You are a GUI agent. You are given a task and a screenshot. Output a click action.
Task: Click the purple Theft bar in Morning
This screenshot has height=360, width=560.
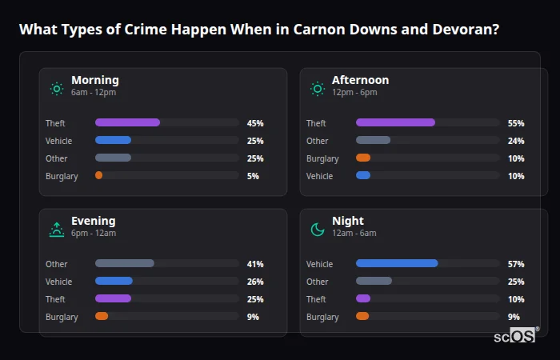(127, 122)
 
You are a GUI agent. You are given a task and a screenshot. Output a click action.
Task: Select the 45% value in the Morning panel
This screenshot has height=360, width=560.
(255, 123)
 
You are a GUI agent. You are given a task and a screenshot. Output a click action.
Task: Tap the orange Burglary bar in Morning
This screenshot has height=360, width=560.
(98, 175)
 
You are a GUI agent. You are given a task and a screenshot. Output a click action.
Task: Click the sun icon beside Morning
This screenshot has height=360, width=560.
(57, 89)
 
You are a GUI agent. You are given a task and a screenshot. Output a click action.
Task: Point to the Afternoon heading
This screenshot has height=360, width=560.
(360, 80)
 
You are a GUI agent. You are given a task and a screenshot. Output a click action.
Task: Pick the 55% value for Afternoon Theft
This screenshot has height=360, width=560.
(516, 123)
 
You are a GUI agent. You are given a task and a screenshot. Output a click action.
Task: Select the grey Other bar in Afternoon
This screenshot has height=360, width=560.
(373, 141)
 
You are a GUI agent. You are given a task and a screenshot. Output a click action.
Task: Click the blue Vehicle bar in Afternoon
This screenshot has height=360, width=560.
(363, 175)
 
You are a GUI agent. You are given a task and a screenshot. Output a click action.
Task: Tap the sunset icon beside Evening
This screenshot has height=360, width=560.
(57, 230)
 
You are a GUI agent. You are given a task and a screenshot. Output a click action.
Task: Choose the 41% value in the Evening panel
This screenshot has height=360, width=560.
(255, 264)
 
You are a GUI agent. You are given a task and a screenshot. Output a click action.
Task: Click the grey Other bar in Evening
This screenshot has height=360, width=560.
(124, 263)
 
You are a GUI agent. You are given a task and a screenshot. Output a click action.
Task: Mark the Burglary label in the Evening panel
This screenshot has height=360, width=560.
(62, 317)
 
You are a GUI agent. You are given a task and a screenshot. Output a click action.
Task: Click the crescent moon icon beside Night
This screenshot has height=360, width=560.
(318, 230)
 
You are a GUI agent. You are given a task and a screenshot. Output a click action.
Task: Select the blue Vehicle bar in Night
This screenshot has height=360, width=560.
(397, 263)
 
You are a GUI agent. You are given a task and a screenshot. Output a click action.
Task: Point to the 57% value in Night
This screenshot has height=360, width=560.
(516, 264)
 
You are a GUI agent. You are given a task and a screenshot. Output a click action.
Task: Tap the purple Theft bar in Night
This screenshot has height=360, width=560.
(363, 298)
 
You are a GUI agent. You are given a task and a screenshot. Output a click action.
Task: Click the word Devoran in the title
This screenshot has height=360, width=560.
(466, 30)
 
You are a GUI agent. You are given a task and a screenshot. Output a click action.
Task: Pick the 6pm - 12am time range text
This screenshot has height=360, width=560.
(94, 233)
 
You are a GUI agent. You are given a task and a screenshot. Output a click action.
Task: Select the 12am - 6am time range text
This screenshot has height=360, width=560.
(354, 233)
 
